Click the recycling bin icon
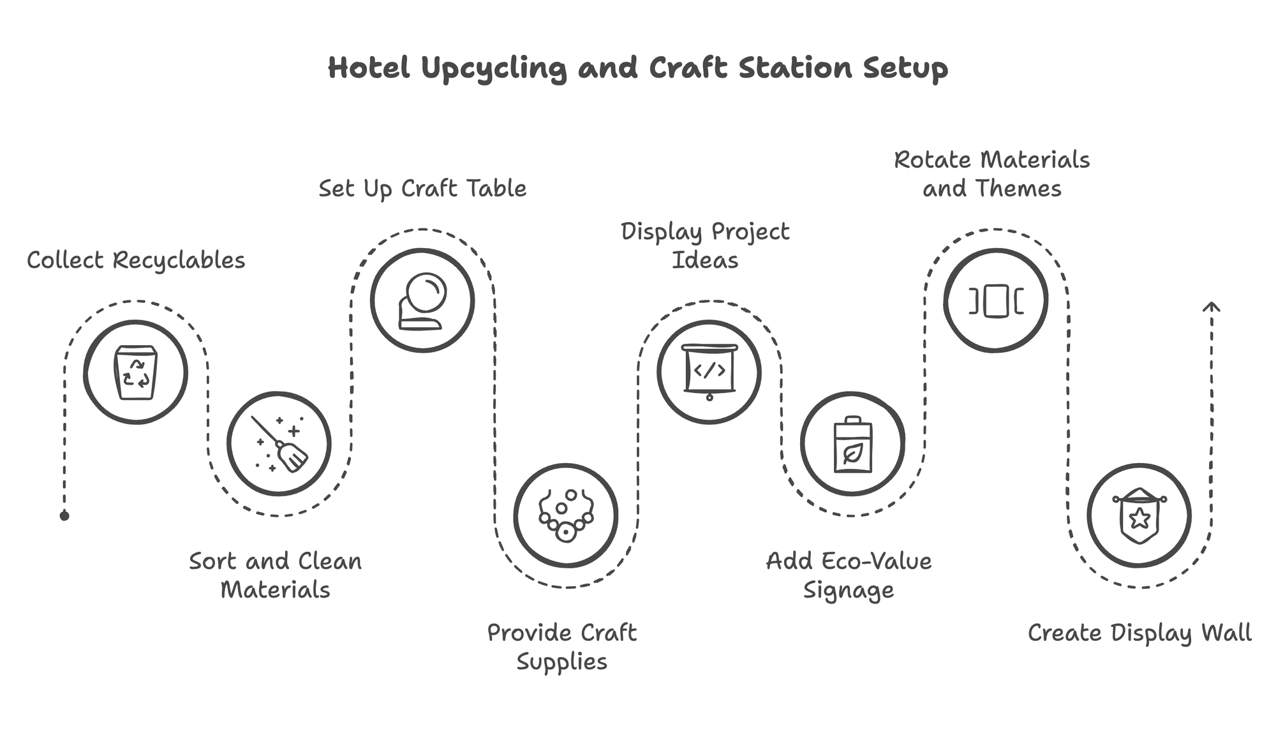(x=135, y=373)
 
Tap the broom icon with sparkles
(x=279, y=444)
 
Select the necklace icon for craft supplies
(x=566, y=515)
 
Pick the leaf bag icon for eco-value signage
(x=852, y=444)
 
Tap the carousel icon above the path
(x=995, y=300)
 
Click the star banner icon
(x=1139, y=515)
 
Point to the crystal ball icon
(x=422, y=300)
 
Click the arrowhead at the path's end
(x=1211, y=307)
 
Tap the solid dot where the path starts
(x=64, y=515)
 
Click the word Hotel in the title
(x=368, y=68)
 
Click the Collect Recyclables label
(x=136, y=260)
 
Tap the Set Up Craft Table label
(x=422, y=189)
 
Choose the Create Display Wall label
(x=1139, y=633)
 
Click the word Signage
(x=848, y=591)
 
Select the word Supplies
(x=561, y=662)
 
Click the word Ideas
(x=705, y=260)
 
